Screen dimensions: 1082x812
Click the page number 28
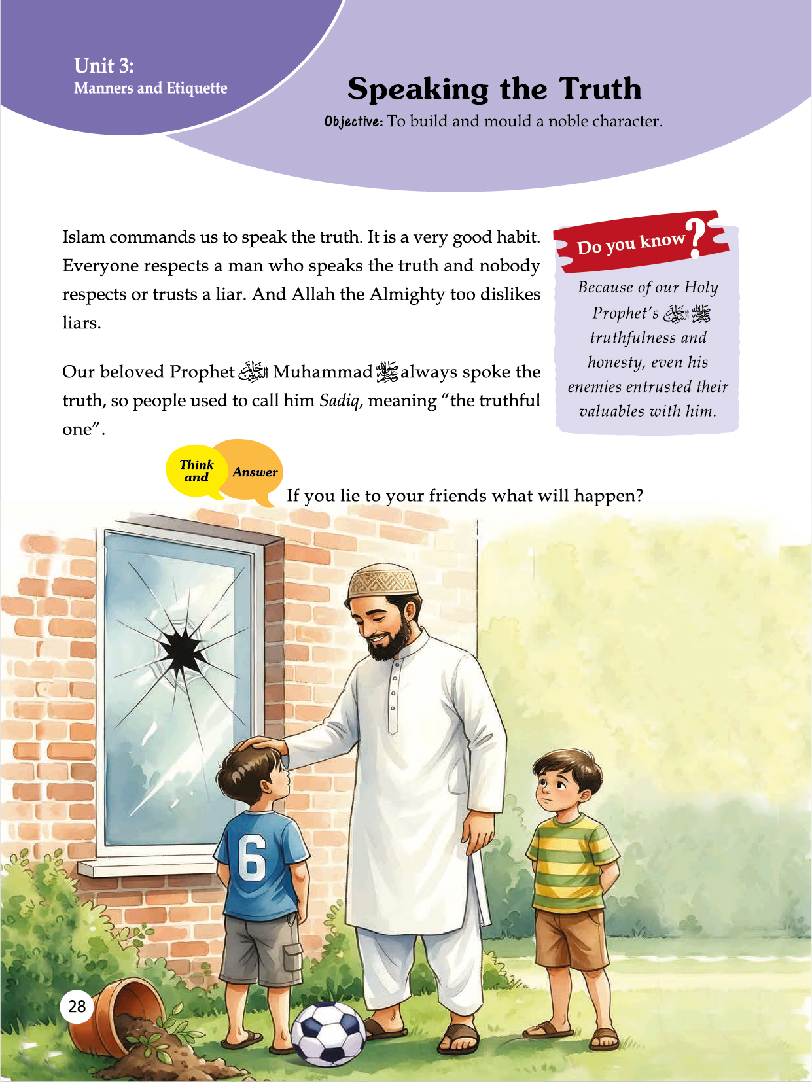pyautogui.click(x=77, y=1006)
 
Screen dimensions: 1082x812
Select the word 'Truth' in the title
pyautogui.click(x=600, y=89)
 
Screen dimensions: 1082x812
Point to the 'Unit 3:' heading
pyautogui.click(x=104, y=65)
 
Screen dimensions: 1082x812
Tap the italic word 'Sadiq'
pyautogui.click(x=339, y=400)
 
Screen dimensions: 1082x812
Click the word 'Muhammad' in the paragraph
pyautogui.click(x=322, y=372)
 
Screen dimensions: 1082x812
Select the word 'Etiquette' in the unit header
pyautogui.click(x=197, y=88)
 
